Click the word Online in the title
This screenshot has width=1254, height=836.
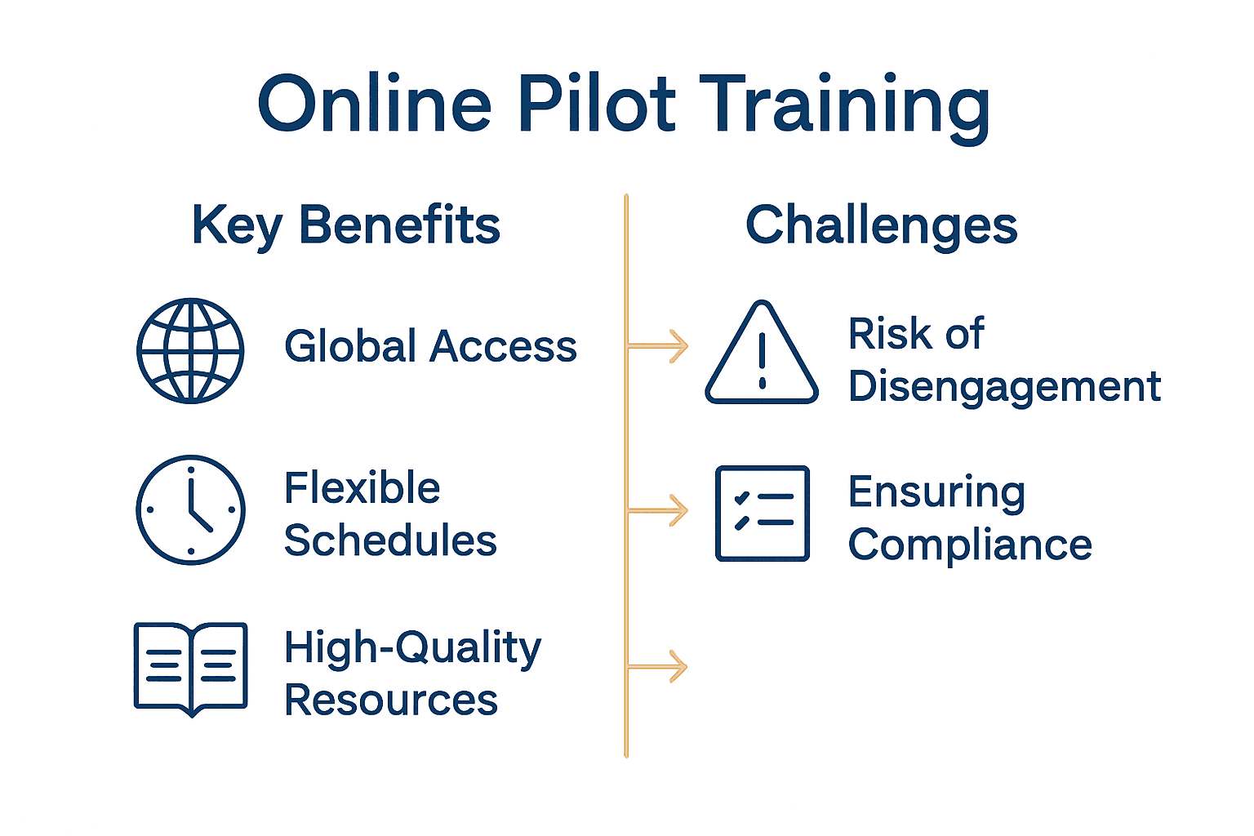point(375,104)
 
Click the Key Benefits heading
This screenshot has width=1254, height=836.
point(345,225)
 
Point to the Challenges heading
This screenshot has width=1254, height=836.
point(881,225)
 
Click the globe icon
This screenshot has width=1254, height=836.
point(190,350)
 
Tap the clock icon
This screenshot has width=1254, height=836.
point(190,510)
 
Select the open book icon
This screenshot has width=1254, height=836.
point(190,668)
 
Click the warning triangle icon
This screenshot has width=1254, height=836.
point(762,355)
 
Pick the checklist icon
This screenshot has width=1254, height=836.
point(763,514)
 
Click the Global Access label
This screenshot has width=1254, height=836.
point(430,346)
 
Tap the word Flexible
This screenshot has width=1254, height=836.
point(362,488)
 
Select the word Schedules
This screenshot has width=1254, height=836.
point(390,540)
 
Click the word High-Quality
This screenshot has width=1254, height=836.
point(412,648)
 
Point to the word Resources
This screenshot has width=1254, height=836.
point(390,700)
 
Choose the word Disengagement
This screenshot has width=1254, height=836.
point(1004,387)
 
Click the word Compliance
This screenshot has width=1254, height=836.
point(970,545)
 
